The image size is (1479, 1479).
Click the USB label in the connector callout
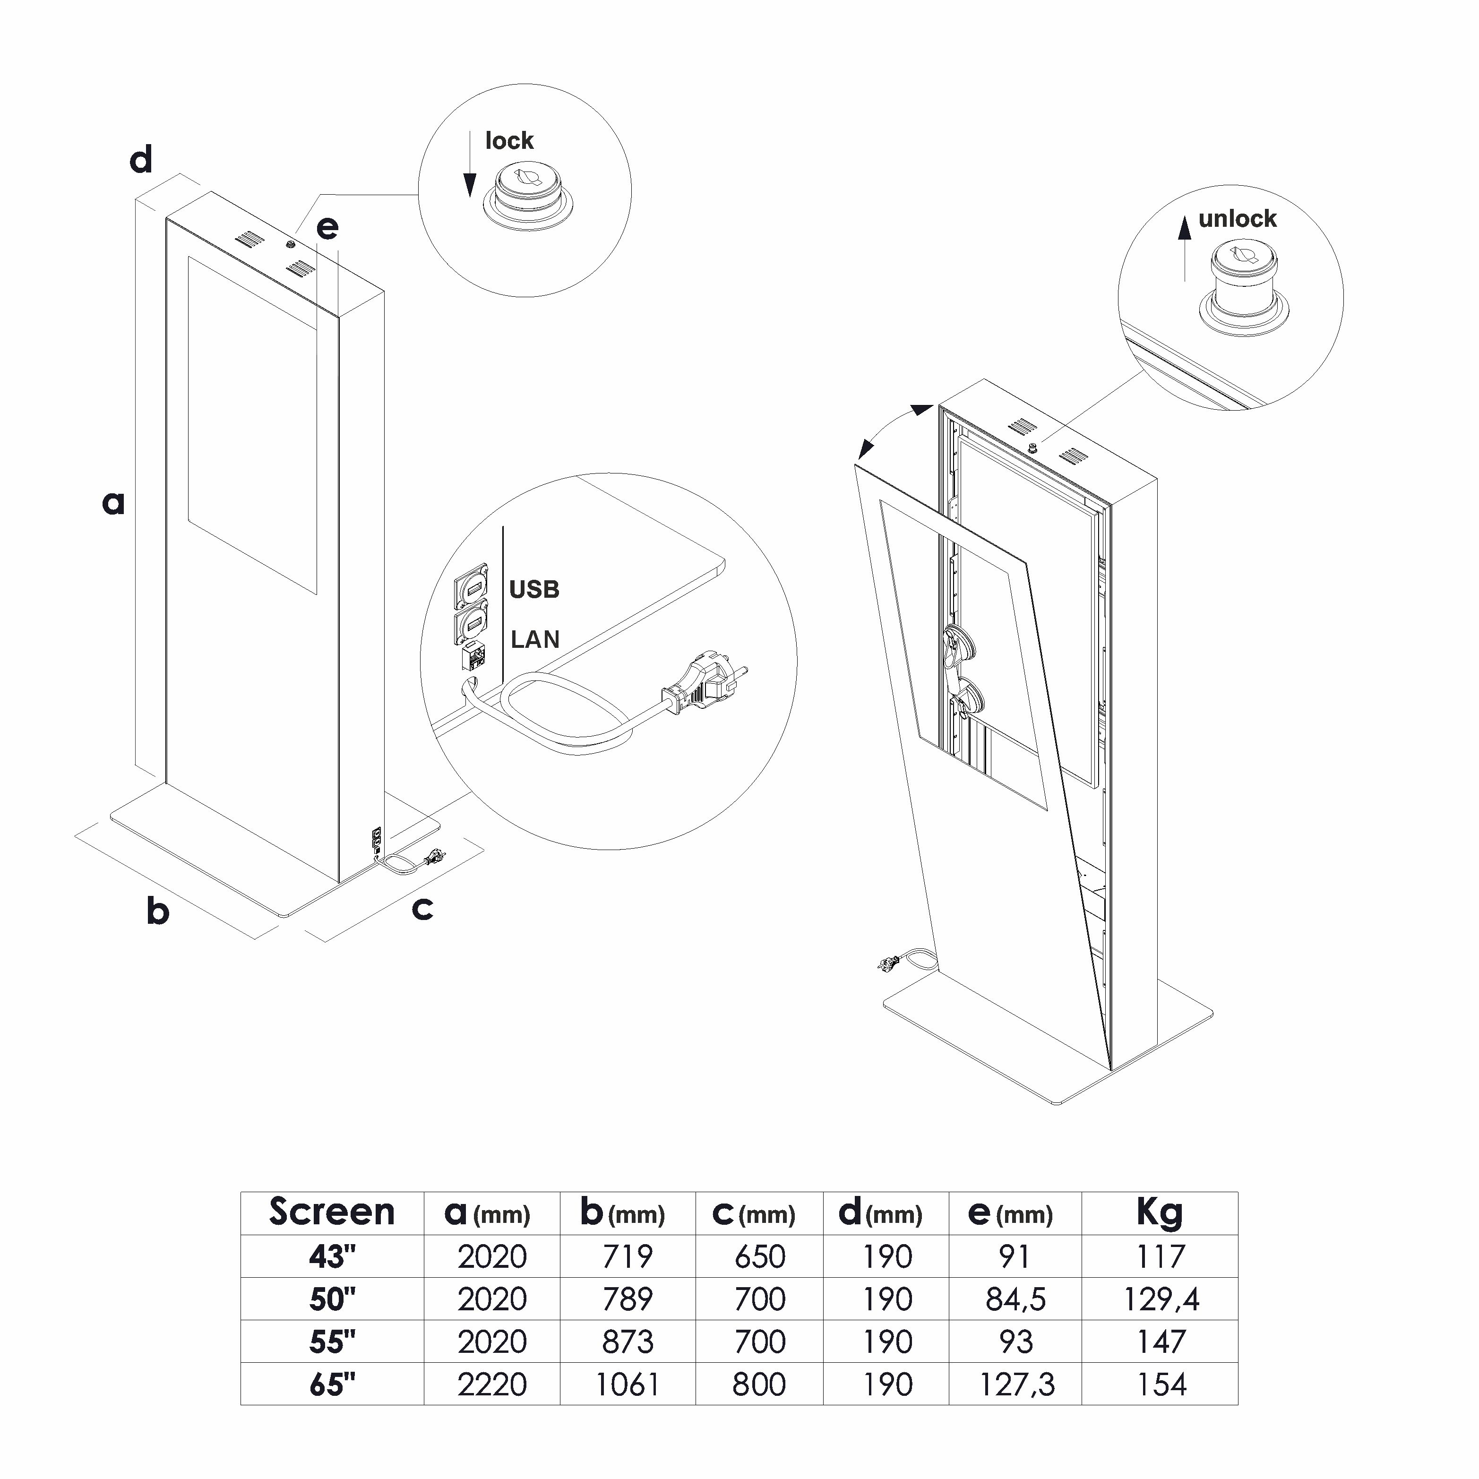534,589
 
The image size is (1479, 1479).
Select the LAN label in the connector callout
535,639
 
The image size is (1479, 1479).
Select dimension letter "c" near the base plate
422,909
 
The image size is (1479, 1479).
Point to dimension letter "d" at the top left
141,161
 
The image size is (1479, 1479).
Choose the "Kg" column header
1159,1212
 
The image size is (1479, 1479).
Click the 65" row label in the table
332,1384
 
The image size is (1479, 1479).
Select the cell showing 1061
627,1384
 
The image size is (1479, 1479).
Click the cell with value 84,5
1015,1299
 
